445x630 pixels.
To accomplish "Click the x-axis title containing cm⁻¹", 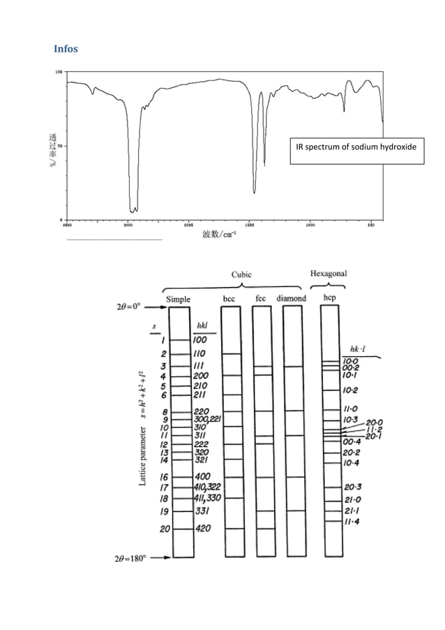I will tap(219, 235).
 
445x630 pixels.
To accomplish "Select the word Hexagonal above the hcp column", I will tap(329, 273).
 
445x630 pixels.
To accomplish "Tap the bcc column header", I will tap(229, 299).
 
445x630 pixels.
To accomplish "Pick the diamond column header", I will tap(292, 299).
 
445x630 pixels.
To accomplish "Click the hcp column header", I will tap(329, 299).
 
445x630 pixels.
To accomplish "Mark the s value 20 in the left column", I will tap(165, 529).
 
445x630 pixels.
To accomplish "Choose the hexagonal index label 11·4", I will tap(351, 522).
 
